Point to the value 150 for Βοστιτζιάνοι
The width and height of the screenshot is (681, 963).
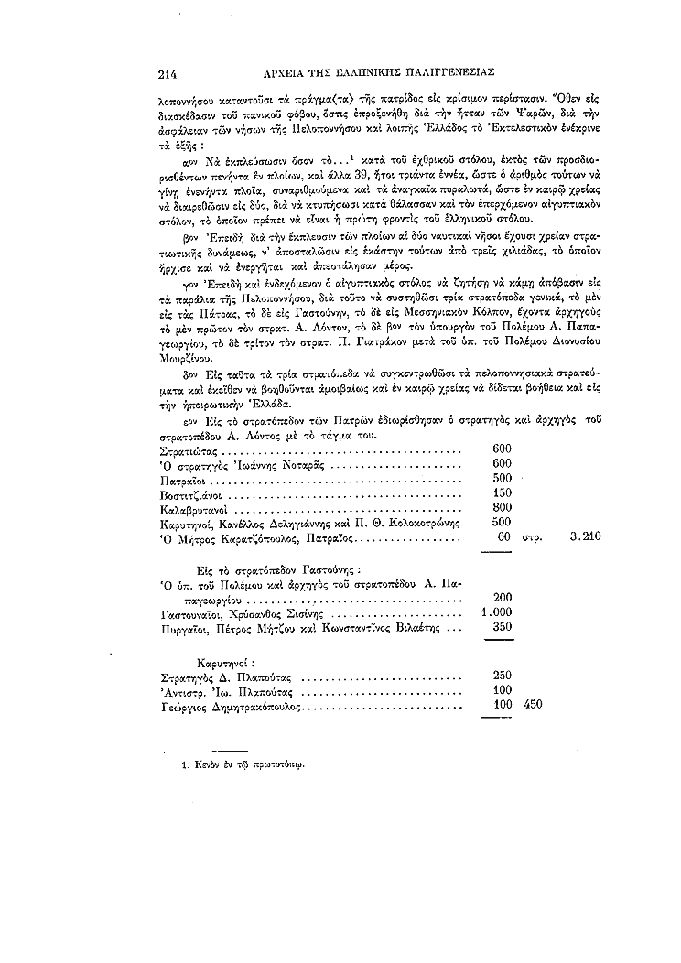pos(502,492)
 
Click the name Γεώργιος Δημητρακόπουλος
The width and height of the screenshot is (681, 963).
pos(229,707)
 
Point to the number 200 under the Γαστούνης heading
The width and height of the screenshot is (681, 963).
pos(502,598)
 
